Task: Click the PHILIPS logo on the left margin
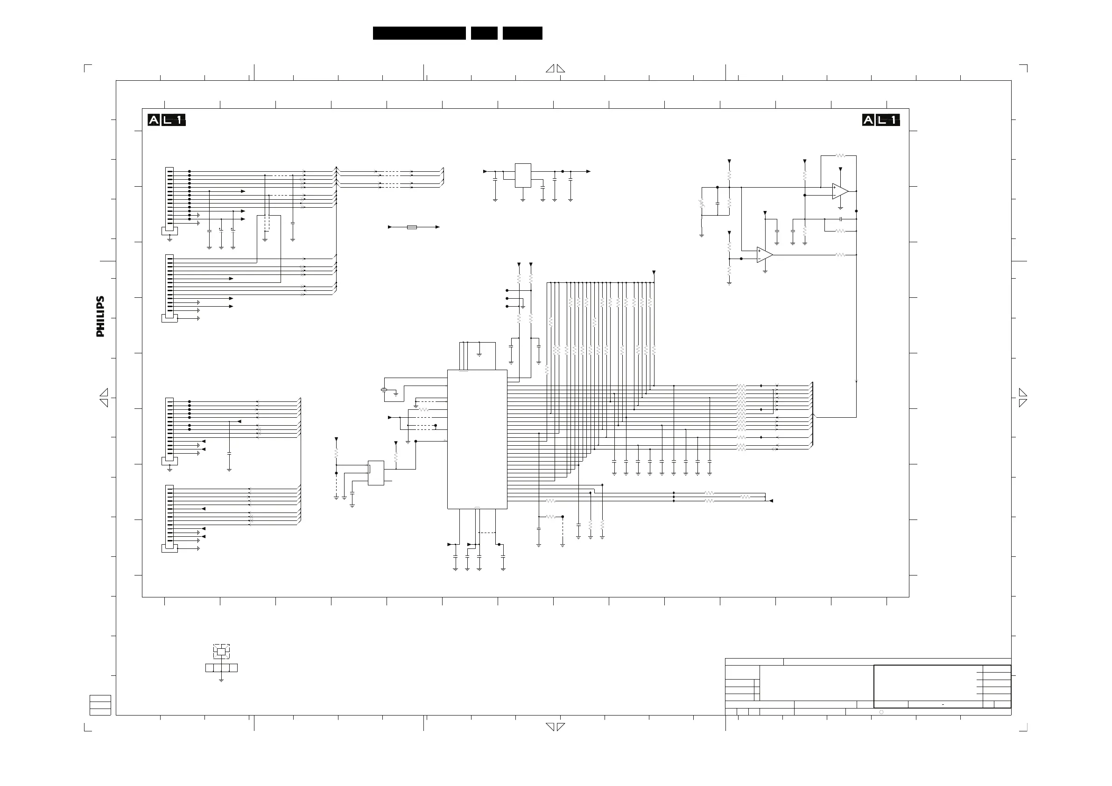100,317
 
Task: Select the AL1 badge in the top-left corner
167,120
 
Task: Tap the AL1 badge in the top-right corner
881,120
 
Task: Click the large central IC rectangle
477,439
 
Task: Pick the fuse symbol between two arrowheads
412,227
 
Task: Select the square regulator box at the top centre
522,175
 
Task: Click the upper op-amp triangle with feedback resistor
839,191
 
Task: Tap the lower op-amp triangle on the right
764,255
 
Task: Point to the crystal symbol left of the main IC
384,390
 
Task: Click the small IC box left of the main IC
376,473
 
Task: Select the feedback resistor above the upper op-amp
840,156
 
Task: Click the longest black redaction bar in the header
419,33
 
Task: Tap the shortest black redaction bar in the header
484,33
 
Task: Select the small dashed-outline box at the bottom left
221,652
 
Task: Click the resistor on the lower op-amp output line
840,255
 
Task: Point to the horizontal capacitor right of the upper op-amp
841,219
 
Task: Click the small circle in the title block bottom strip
881,712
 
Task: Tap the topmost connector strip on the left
169,199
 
